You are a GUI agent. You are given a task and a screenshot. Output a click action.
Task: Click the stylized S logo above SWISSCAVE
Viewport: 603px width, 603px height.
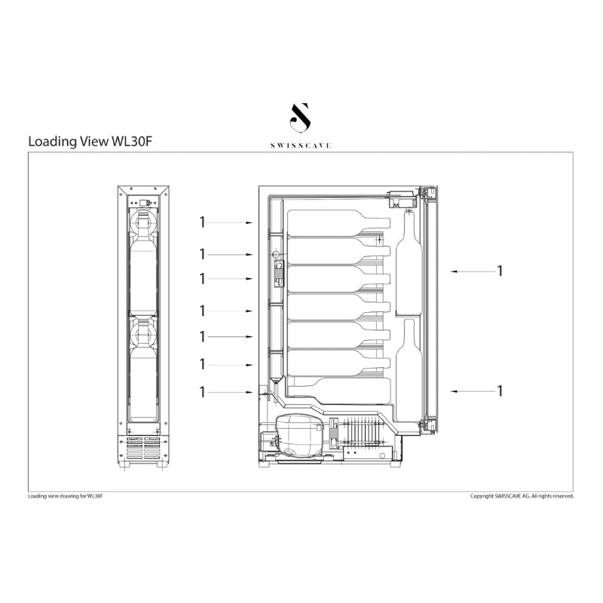pyautogui.click(x=300, y=117)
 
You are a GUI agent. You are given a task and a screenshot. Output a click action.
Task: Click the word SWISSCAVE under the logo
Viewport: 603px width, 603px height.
pyautogui.click(x=300, y=145)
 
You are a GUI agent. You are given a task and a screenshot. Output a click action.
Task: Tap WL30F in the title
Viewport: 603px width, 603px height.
pyautogui.click(x=132, y=142)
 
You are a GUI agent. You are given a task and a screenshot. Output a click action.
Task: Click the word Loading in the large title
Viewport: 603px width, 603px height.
pyautogui.click(x=53, y=142)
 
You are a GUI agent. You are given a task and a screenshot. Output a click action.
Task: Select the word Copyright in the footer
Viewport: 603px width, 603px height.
pyautogui.click(x=482, y=496)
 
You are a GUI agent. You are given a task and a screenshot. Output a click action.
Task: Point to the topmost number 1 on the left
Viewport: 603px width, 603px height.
pyautogui.click(x=202, y=222)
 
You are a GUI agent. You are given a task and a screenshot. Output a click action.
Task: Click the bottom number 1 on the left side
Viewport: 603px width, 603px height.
pyautogui.click(x=202, y=392)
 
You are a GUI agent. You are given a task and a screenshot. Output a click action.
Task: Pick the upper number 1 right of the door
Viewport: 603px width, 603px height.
pyautogui.click(x=500, y=271)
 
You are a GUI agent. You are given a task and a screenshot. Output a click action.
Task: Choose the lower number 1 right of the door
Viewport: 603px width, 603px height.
pyautogui.click(x=500, y=390)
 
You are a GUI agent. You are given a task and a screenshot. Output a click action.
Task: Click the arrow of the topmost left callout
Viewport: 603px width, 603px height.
pyautogui.click(x=231, y=222)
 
